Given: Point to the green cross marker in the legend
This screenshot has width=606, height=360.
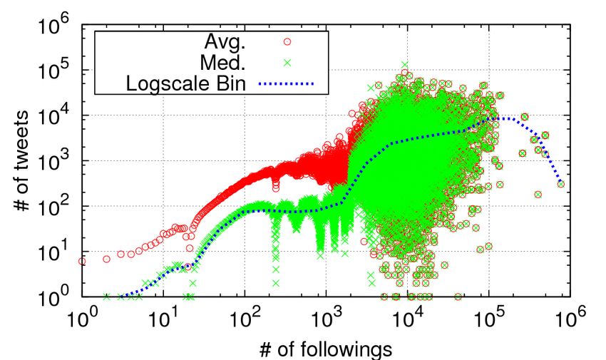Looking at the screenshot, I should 294,62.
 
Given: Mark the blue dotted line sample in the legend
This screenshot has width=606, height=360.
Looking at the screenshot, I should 294,83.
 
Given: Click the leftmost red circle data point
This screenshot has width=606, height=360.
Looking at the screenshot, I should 82,262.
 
